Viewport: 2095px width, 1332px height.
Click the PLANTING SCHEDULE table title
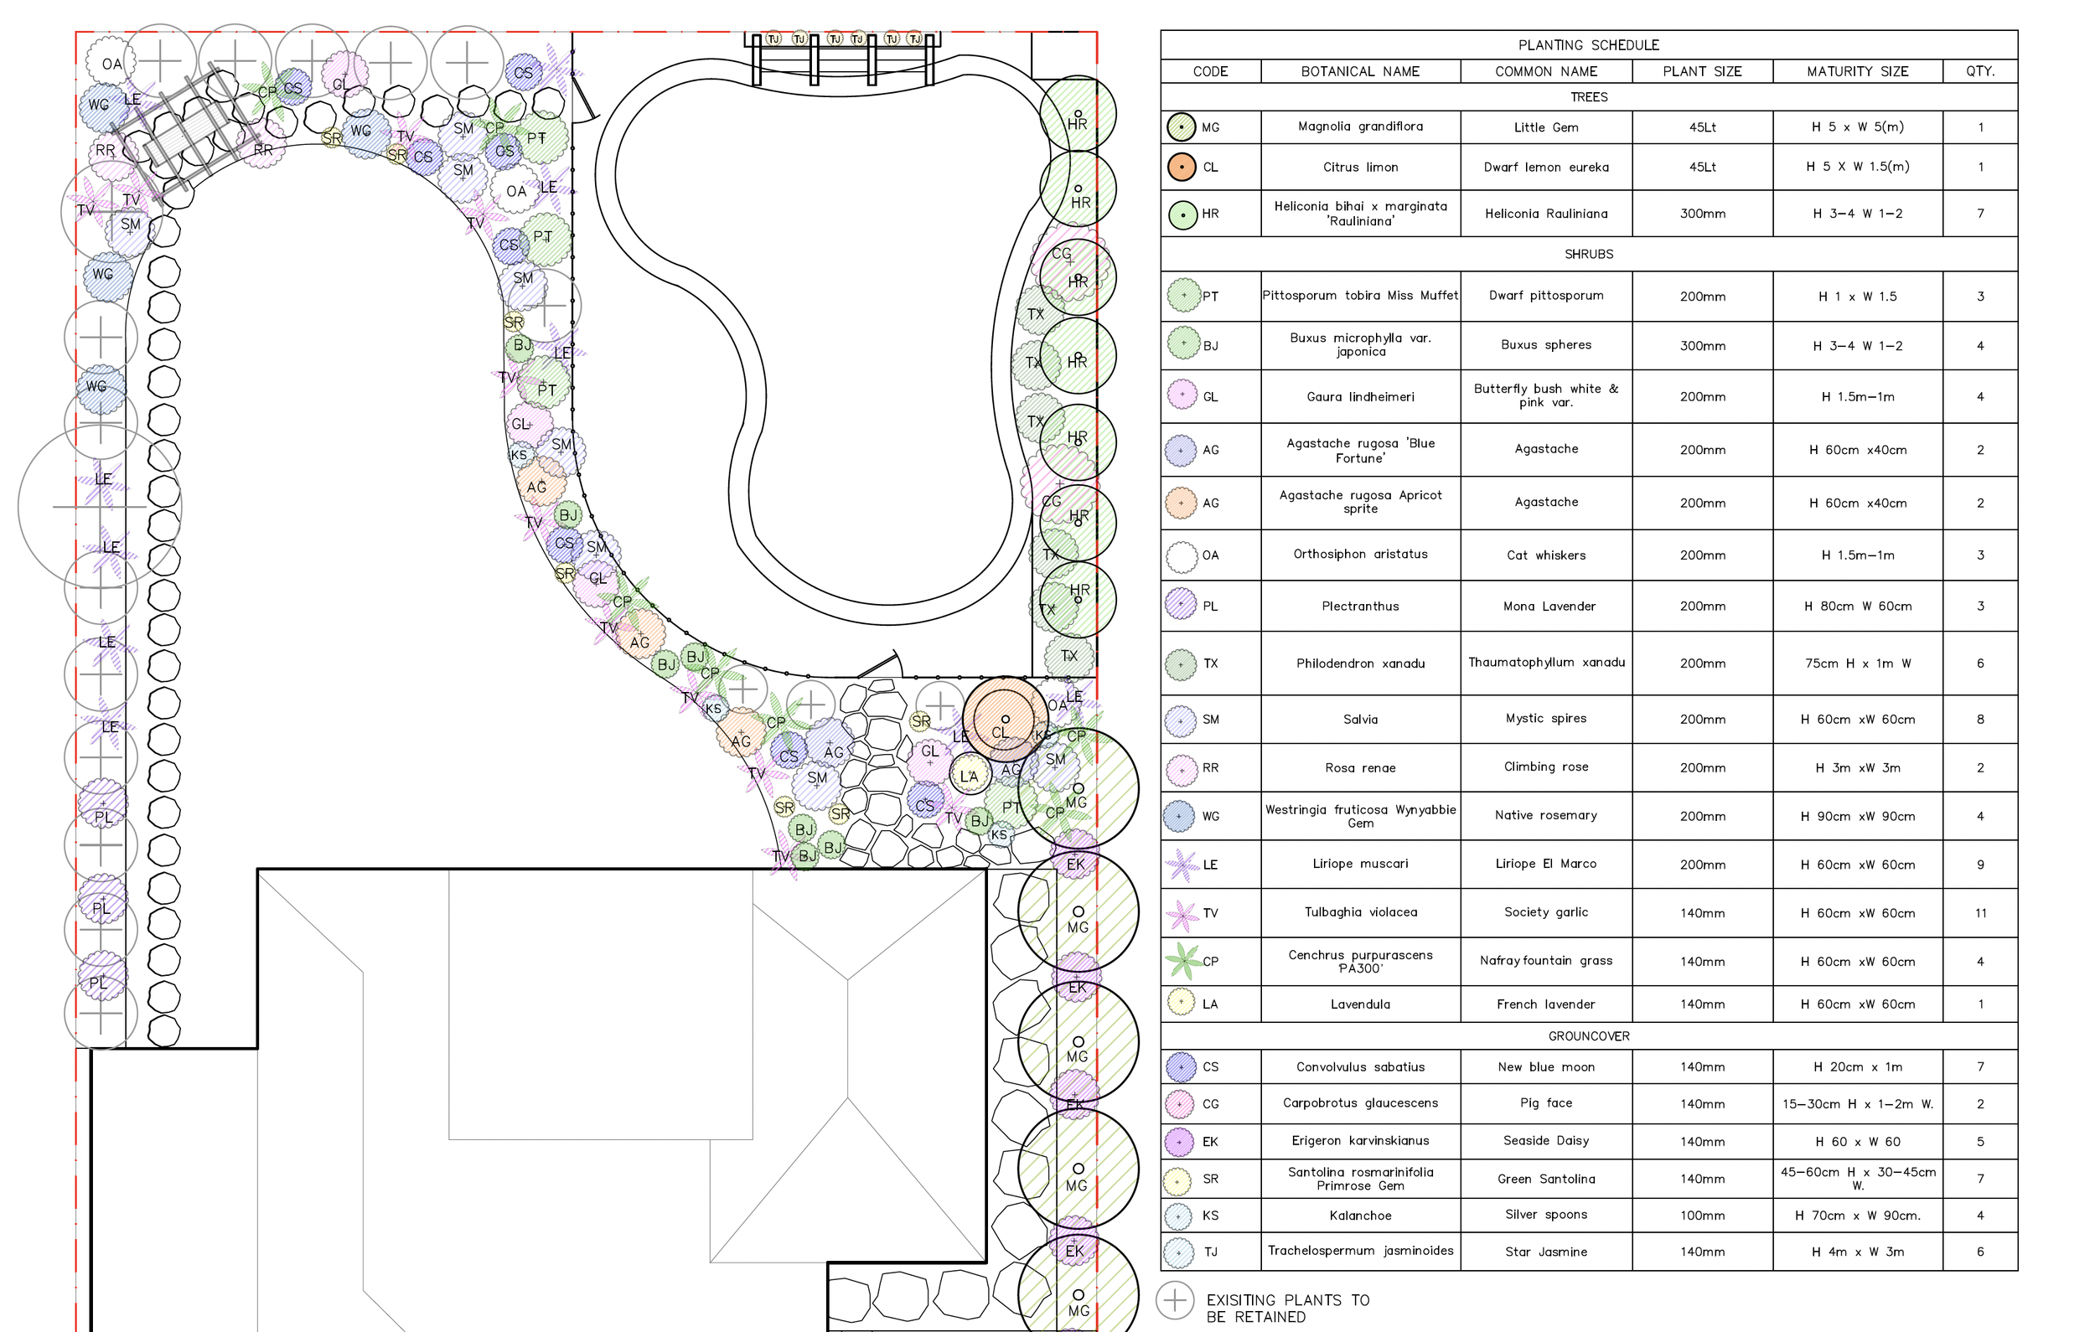coord(1588,45)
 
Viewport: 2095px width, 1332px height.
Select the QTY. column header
coord(1979,71)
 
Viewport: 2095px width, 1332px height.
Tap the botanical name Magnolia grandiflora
coord(1360,127)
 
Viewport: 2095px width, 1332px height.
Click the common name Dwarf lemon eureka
coord(1545,167)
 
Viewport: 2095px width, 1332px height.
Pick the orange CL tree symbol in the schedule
coord(1181,167)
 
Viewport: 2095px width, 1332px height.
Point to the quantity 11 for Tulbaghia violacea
coord(1979,912)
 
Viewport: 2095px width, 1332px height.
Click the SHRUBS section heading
coord(1588,254)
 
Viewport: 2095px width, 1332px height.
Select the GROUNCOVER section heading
coord(1588,1035)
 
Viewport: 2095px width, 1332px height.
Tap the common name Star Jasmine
coord(1545,1252)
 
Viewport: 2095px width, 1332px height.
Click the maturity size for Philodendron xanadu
coord(1857,663)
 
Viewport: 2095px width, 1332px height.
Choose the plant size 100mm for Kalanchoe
coord(1702,1216)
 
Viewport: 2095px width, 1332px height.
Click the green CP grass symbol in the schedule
coord(1182,961)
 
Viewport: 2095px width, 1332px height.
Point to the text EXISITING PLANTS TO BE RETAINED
coord(1287,1308)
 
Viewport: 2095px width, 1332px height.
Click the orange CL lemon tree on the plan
coord(1004,720)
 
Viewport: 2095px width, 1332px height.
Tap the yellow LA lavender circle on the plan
coord(969,775)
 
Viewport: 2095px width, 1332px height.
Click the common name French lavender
coord(1545,1004)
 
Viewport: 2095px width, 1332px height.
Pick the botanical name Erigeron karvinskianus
coord(1360,1141)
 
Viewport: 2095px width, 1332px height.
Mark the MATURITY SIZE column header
coord(1857,71)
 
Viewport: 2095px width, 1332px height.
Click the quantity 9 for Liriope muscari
coord(1979,865)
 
